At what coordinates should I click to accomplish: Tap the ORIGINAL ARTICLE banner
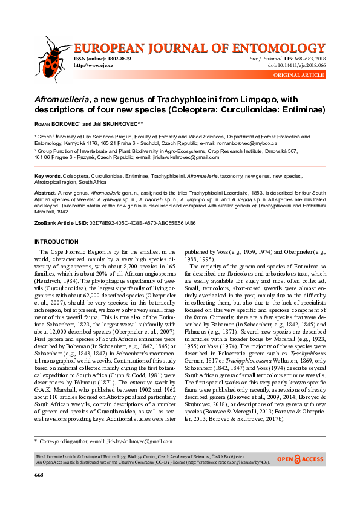click(x=299, y=74)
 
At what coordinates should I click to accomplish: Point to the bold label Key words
click(x=47, y=175)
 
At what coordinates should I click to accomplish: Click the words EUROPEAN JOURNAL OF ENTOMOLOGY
click(x=200, y=47)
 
